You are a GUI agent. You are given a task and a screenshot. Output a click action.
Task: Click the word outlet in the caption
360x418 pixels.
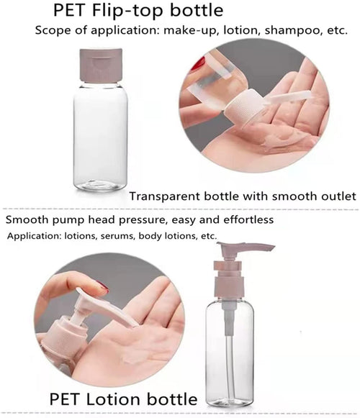tap(335, 196)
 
